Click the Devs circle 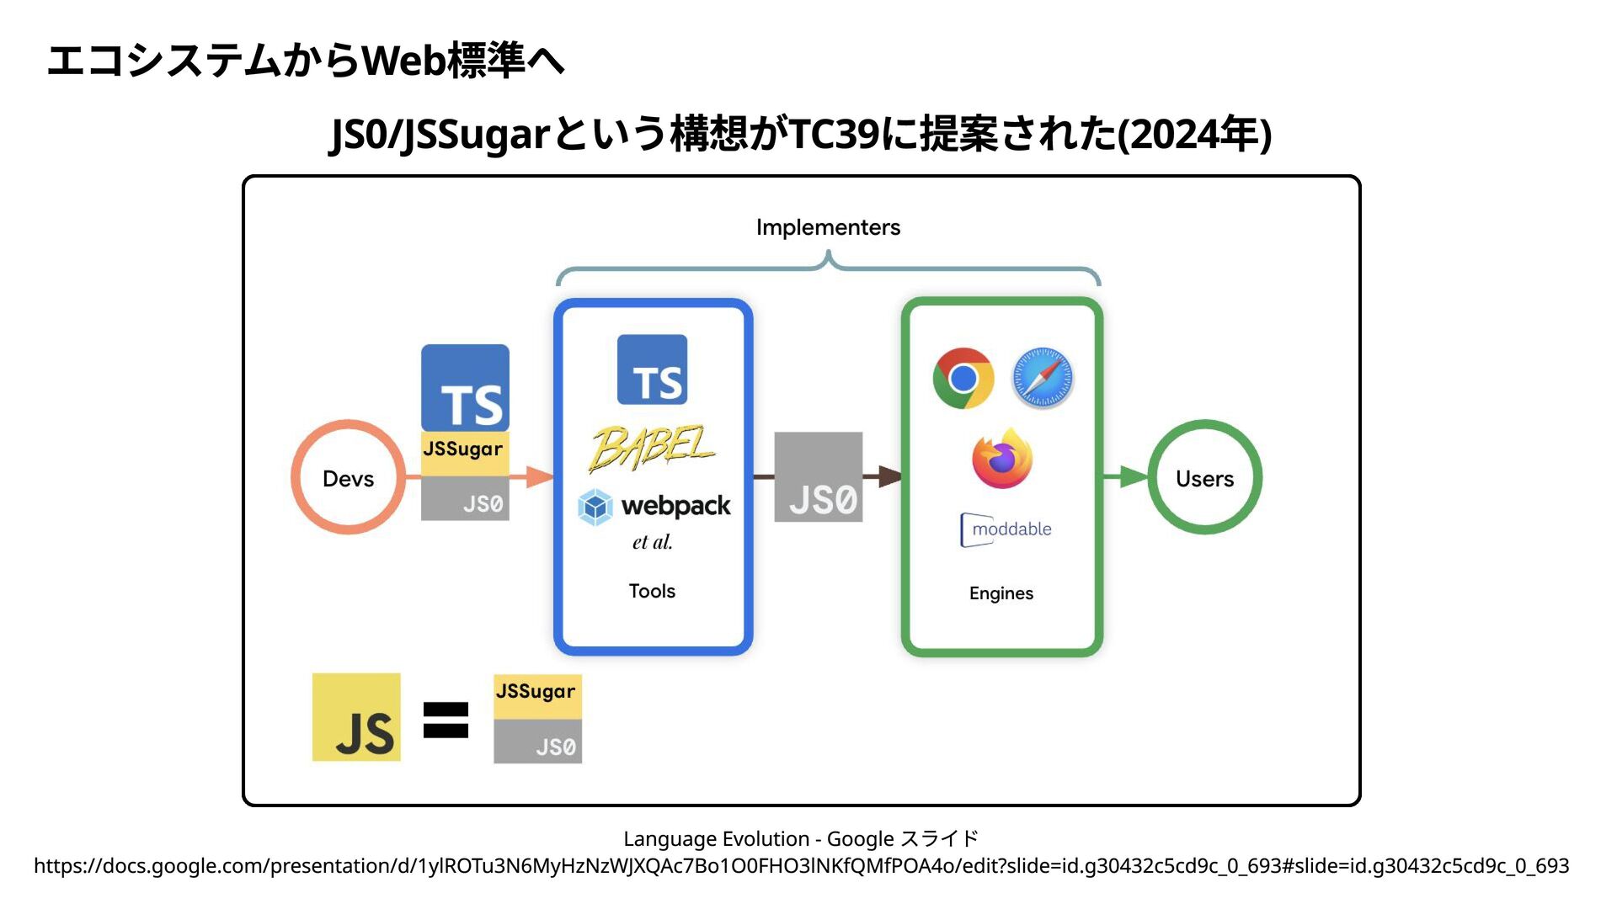pyautogui.click(x=348, y=477)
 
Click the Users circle pyautogui.click(x=1204, y=477)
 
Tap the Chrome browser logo pyautogui.click(x=963, y=378)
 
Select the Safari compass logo pyautogui.click(x=1042, y=378)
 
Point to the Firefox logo pyautogui.click(x=1002, y=459)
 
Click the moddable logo pyautogui.click(x=1006, y=529)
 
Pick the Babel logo pyautogui.click(x=652, y=447)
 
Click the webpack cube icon pyautogui.click(x=595, y=507)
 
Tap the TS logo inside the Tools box pyautogui.click(x=652, y=370)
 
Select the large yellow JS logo pyautogui.click(x=356, y=717)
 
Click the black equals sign pyautogui.click(x=446, y=720)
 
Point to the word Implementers pyautogui.click(x=828, y=227)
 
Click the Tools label pyautogui.click(x=652, y=591)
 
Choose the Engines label pyautogui.click(x=1001, y=593)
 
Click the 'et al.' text pyautogui.click(x=652, y=542)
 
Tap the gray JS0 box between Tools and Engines pyautogui.click(x=818, y=477)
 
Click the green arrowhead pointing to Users pyautogui.click(x=1134, y=477)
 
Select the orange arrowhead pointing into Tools pyautogui.click(x=539, y=477)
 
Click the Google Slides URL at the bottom pyautogui.click(x=801, y=866)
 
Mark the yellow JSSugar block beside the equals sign pyautogui.click(x=537, y=696)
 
